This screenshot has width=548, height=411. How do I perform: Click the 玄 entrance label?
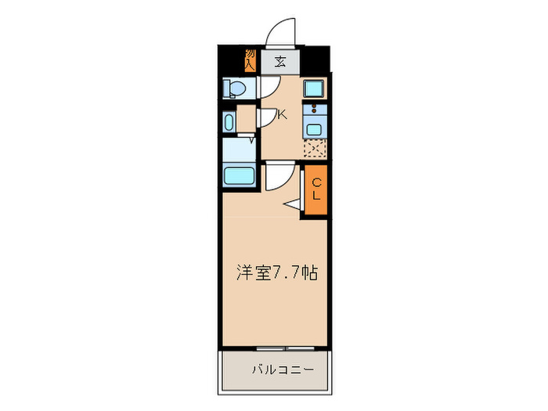click(x=279, y=62)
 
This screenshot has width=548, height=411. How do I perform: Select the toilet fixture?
click(x=233, y=89)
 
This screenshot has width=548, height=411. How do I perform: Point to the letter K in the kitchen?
click(x=283, y=114)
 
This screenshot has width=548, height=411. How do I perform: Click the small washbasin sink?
click(x=229, y=121)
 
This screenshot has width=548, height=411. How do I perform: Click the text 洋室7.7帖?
click(x=277, y=273)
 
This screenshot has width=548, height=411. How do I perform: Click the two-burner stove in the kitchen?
click(x=315, y=109)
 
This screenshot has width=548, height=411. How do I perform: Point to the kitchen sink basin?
click(x=315, y=129)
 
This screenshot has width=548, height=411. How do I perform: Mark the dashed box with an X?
click(x=315, y=147)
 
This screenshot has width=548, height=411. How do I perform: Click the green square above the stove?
click(x=315, y=88)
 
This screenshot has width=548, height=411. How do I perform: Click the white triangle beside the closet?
click(x=293, y=205)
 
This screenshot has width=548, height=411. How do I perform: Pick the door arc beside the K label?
click(x=266, y=117)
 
